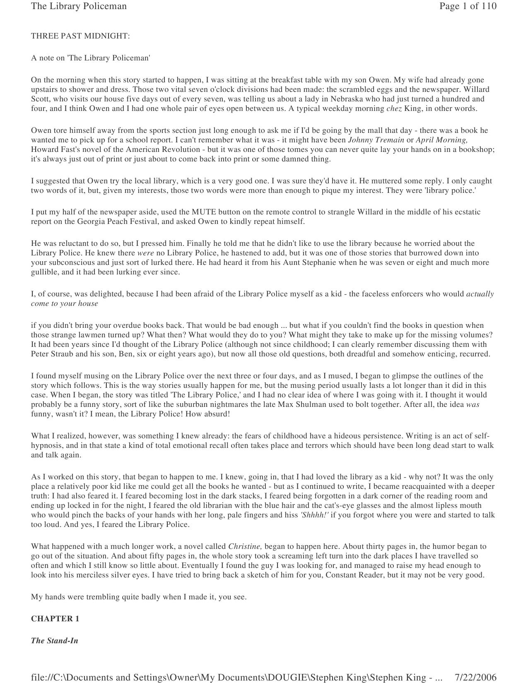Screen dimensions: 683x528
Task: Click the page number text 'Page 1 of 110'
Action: click(x=468, y=6)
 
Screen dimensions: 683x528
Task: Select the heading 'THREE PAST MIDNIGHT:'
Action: click(x=80, y=36)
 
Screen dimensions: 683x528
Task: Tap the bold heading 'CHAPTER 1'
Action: click(x=55, y=619)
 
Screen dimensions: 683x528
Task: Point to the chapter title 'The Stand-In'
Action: click(x=55, y=641)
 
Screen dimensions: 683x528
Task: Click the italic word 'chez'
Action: click(x=394, y=108)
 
